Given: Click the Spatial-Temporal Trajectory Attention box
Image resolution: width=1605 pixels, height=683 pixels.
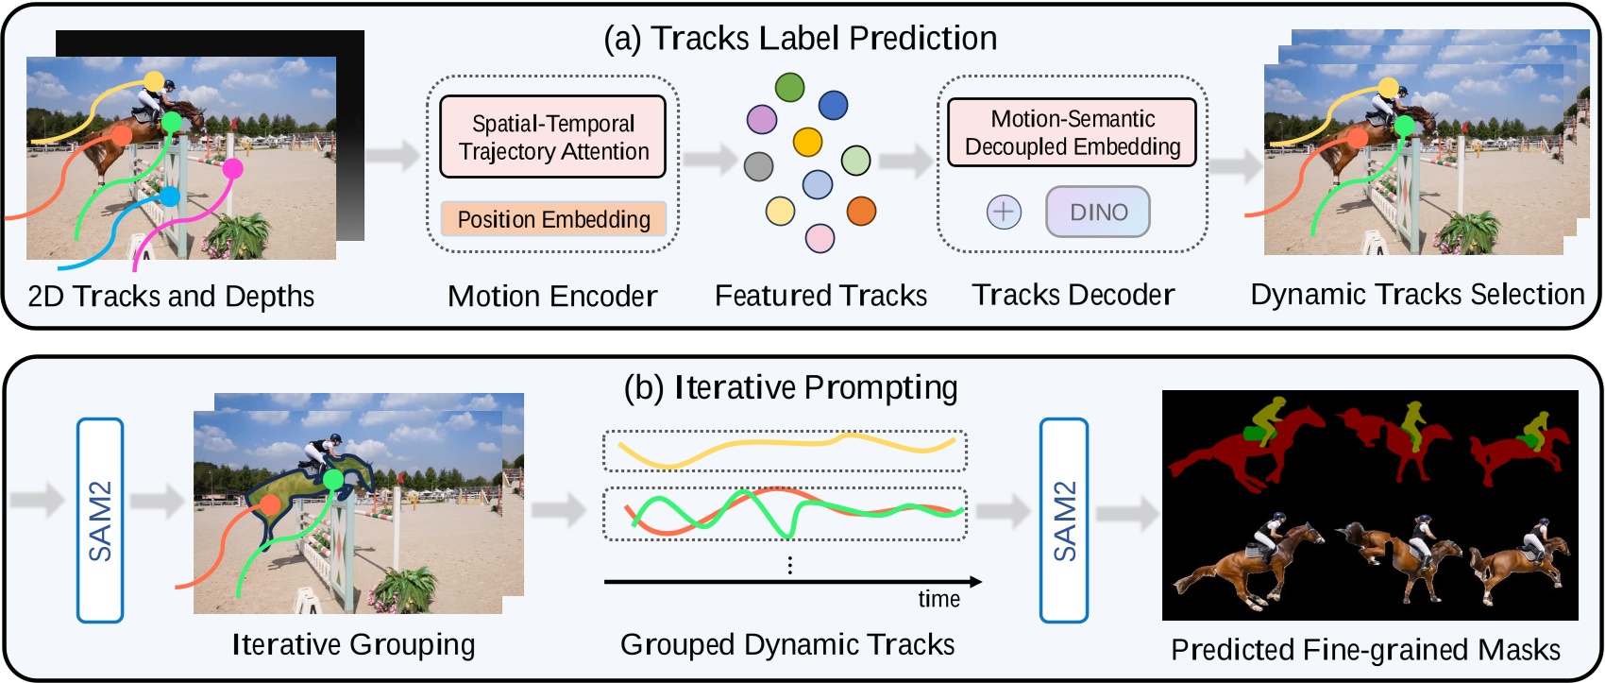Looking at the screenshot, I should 552,137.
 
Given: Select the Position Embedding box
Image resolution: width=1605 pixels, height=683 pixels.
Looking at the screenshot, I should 553,219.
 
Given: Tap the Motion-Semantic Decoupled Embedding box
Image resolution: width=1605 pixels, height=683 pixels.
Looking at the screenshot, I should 1072,132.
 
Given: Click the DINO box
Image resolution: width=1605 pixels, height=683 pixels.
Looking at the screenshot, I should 1098,212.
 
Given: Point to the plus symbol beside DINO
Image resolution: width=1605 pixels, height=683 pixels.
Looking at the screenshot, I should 1004,212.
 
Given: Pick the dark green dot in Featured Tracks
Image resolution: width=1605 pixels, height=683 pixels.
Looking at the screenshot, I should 789,87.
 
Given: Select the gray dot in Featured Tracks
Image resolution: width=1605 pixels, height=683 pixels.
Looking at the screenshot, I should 758,166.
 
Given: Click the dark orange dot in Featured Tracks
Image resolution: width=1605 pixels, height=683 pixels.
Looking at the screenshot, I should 861,211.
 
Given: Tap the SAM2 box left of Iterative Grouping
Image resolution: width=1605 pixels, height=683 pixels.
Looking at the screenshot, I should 100,521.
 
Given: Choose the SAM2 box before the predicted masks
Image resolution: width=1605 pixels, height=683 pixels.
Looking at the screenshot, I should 1064,521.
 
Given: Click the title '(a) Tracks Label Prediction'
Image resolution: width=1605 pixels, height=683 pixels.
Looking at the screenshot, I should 801,38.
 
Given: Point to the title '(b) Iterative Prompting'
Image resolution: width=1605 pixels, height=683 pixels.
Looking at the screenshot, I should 791,387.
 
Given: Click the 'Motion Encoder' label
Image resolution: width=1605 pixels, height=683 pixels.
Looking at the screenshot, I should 552,297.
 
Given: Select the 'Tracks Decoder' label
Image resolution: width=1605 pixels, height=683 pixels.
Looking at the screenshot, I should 1073,295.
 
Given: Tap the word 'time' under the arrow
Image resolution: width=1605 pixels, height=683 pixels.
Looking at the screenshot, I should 938,599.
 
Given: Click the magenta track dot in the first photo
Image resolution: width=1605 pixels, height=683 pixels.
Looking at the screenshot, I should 232,169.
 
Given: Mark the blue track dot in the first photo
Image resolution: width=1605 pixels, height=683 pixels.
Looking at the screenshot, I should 169,196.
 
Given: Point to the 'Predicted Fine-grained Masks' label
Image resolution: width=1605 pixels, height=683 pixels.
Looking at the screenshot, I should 1365,650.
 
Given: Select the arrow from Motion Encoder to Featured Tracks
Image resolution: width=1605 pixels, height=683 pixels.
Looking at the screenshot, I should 709,159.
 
